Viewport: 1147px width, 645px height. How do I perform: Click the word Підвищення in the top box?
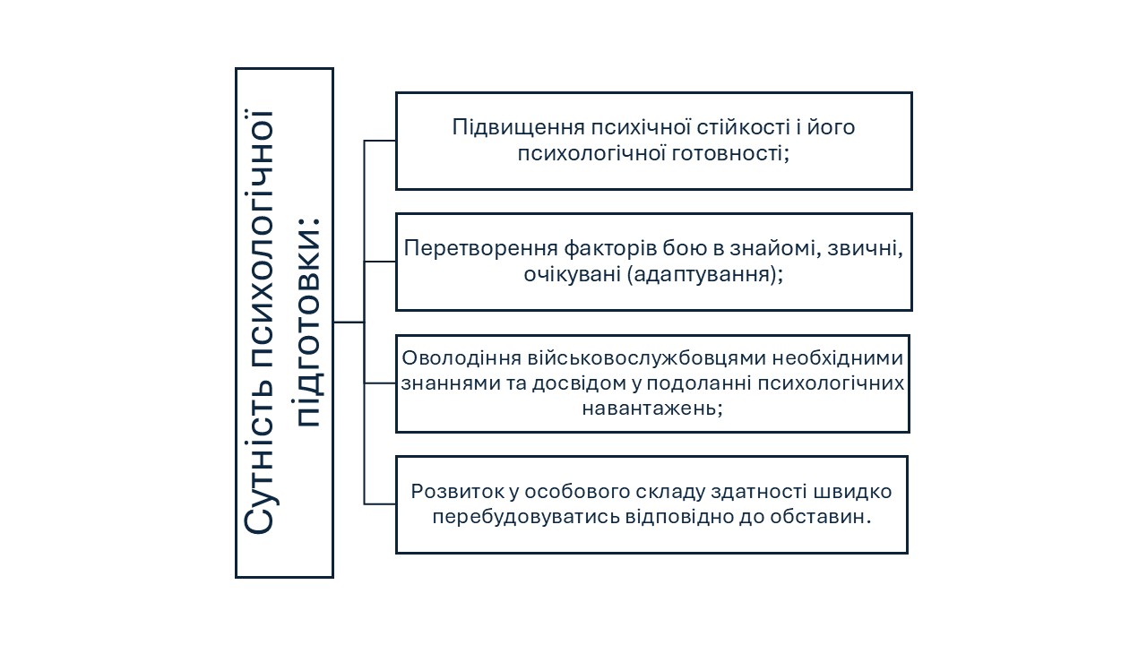[x=518, y=128]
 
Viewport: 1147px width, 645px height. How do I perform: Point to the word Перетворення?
[x=481, y=249]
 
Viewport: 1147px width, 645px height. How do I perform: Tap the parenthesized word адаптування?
[x=701, y=275]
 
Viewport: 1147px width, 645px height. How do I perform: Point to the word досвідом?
[x=580, y=383]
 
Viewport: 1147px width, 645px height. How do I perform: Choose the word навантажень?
[x=650, y=408]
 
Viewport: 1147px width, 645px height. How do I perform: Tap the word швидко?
[x=852, y=492]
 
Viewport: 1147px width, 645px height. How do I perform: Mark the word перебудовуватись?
[x=526, y=517]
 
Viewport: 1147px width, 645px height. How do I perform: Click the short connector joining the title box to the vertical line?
[x=349, y=322]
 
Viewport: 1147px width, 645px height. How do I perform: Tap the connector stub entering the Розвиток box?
[x=380, y=504]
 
